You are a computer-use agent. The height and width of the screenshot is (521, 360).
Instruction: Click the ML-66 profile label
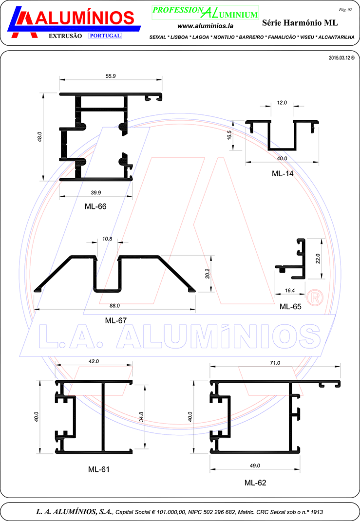click(x=95, y=206)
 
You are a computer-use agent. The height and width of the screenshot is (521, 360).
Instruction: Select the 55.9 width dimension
click(x=111, y=76)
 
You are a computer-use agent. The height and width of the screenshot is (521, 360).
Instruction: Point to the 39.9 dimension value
click(x=96, y=193)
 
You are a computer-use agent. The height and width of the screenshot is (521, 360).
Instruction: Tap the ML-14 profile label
click(x=283, y=173)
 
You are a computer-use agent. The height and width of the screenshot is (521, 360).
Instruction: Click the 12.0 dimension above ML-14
click(x=282, y=103)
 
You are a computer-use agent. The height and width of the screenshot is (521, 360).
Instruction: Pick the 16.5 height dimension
click(x=229, y=135)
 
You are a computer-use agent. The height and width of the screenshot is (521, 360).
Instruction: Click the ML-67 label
click(x=115, y=320)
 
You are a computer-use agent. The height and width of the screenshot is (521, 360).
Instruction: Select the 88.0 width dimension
click(x=114, y=306)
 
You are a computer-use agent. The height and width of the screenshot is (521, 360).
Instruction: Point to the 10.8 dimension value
click(x=107, y=239)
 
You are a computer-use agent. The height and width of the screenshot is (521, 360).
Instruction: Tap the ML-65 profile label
click(x=290, y=307)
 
